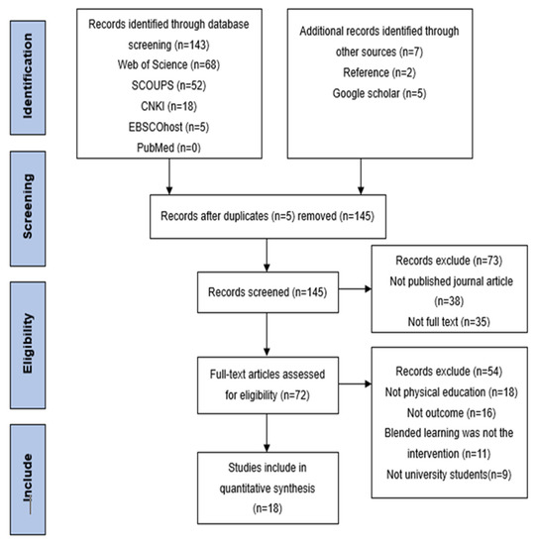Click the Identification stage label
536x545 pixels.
(28, 77)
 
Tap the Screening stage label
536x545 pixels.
(28, 208)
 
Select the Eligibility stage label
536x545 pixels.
(28, 345)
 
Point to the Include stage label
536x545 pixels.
(28, 480)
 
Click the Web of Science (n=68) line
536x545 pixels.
(168, 64)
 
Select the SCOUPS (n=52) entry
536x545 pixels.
(168, 85)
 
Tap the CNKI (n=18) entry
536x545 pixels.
(168, 106)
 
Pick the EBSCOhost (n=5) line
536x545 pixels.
(168, 127)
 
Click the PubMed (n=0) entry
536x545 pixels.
(168, 148)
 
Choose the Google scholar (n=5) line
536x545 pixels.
(379, 93)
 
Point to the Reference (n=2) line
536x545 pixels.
(379, 72)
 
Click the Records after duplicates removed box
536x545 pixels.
(268, 217)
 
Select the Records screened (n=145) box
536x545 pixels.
(268, 292)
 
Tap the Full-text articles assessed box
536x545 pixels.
(268, 385)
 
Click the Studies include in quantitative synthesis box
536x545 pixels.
(268, 488)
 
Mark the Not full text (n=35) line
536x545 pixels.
(449, 322)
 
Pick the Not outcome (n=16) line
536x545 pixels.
(451, 413)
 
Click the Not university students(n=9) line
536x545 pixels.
(449, 475)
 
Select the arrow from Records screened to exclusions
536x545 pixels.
(355, 288)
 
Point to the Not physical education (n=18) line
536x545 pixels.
(451, 392)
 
